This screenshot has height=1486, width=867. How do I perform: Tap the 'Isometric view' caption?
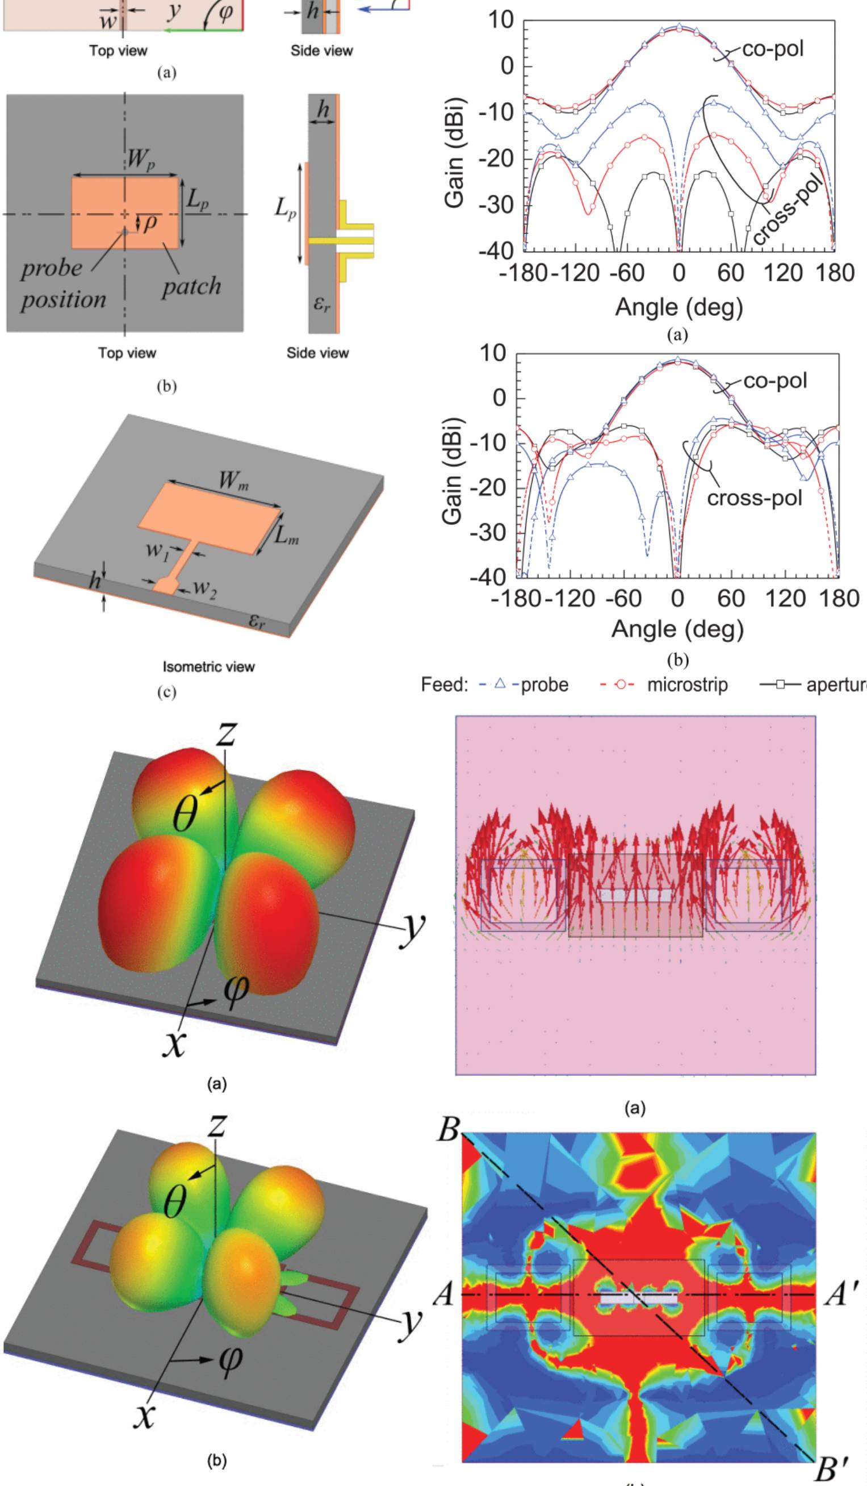tap(208, 667)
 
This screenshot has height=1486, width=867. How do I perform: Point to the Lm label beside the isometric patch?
tap(287, 538)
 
